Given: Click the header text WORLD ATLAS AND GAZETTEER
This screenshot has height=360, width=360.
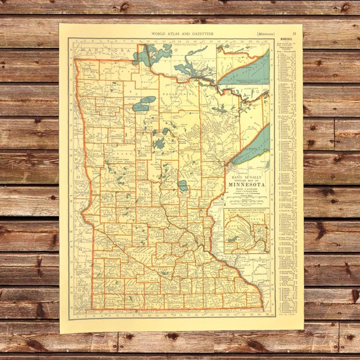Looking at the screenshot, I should tap(181, 34).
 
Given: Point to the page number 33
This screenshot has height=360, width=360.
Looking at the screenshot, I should tap(294, 34).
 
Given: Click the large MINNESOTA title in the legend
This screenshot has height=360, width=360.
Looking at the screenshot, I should tap(247, 185).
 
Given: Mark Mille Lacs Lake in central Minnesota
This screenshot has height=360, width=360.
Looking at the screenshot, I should tap(182, 186).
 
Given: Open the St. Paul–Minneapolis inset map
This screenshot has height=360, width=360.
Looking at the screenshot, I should tap(247, 230).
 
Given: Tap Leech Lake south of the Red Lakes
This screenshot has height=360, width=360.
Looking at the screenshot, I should tap(159, 143).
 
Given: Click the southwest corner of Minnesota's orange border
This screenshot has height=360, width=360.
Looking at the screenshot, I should tap(91, 308).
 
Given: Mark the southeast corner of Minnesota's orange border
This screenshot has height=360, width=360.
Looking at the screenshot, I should tap(263, 308).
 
